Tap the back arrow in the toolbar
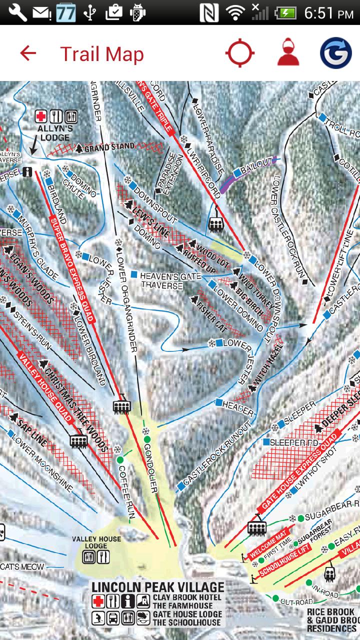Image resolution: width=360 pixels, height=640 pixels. [28, 53]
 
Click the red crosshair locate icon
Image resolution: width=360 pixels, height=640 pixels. [240, 53]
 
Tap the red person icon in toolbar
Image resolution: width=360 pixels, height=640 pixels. [288, 53]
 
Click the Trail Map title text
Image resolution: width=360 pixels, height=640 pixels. [102, 54]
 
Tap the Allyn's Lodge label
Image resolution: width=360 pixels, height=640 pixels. [55, 133]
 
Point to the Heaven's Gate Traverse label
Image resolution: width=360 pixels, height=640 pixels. [170, 280]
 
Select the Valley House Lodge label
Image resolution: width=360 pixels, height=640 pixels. [96, 542]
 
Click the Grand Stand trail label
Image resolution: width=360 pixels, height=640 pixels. [109, 147]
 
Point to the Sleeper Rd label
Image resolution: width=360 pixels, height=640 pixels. [293, 442]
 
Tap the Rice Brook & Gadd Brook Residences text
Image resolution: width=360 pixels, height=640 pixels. [331, 620]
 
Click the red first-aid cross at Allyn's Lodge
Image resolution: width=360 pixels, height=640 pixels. [41, 117]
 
